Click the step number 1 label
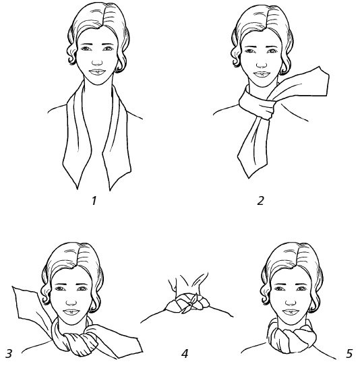click(x=94, y=200)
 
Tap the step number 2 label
click(x=260, y=200)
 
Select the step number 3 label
click(x=8, y=353)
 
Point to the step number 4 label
click(x=185, y=353)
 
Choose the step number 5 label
click(x=349, y=353)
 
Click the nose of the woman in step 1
click(x=97, y=62)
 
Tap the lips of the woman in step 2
click(x=262, y=74)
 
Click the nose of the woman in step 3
click(x=71, y=303)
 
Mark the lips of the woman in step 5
click(x=291, y=312)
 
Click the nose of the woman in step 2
click(x=262, y=64)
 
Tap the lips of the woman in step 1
click(x=98, y=72)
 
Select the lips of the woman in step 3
click(x=71, y=312)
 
